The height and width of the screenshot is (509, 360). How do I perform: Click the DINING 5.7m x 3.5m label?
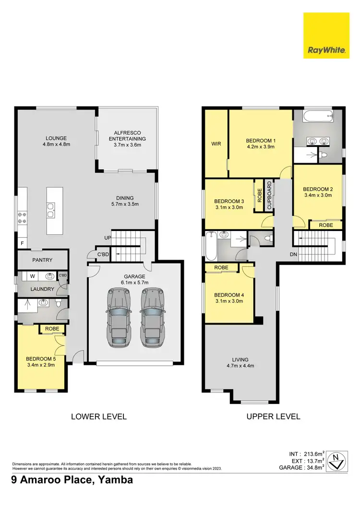[124, 201]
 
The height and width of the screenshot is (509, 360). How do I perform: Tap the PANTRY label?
[42, 260]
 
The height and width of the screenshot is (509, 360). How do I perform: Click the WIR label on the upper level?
[216, 144]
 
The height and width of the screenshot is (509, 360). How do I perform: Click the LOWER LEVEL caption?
[99, 416]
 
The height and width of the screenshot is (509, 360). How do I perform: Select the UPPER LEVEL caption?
[273, 416]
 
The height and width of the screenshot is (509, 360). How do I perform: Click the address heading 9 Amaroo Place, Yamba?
[72, 480]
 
